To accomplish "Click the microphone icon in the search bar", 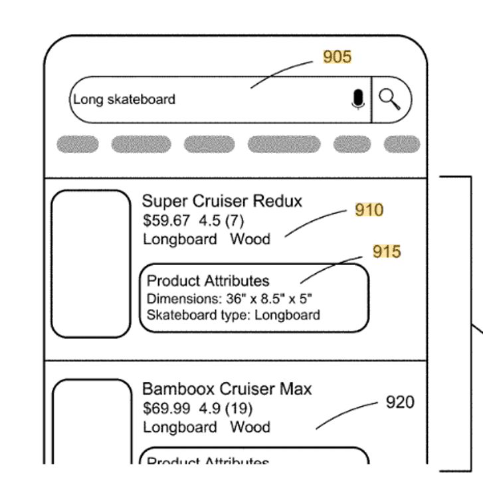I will pyautogui.click(x=358, y=100).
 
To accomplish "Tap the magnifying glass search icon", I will pyautogui.click(x=390, y=100).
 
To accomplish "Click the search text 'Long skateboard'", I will pyautogui.click(x=124, y=100).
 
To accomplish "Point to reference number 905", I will pyautogui.click(x=337, y=57).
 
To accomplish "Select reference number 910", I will pyautogui.click(x=369, y=210).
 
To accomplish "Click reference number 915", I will pyautogui.click(x=386, y=252).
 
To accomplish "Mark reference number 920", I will pyautogui.click(x=400, y=402).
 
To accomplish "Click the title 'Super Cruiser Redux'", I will pyautogui.click(x=222, y=201).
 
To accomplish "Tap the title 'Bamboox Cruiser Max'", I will pyautogui.click(x=227, y=389).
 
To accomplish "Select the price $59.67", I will pyautogui.click(x=166, y=220).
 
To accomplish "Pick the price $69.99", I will pyautogui.click(x=166, y=407).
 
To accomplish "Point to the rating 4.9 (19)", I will pyautogui.click(x=226, y=407).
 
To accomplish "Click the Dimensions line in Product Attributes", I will pyautogui.click(x=229, y=298).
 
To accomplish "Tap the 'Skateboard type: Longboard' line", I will pyautogui.click(x=233, y=314).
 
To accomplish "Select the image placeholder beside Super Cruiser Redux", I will pyautogui.click(x=91, y=264).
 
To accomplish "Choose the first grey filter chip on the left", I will pyautogui.click(x=77, y=144).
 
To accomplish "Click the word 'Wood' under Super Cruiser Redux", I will pyautogui.click(x=250, y=239).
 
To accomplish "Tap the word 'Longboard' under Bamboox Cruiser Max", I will pyautogui.click(x=180, y=427).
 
